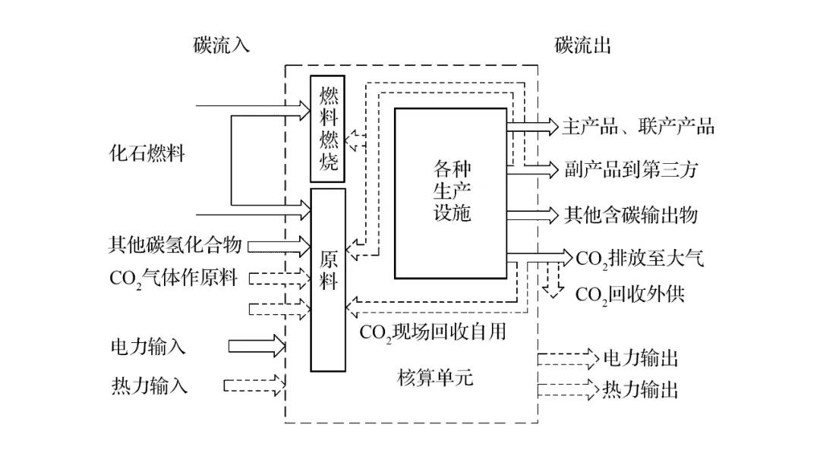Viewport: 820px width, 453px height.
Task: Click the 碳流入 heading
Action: coord(221,46)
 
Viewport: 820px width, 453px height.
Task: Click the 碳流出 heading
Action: coord(582,46)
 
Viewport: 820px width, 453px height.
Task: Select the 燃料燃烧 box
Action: coord(328,129)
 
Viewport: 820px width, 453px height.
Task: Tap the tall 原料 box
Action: coord(328,279)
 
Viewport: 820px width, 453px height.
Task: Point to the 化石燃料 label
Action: coord(147,153)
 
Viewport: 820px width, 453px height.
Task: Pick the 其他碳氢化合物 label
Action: coord(175,245)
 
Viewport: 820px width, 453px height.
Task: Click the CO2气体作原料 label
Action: coord(174,278)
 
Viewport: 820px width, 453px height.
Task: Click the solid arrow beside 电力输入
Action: coord(257,347)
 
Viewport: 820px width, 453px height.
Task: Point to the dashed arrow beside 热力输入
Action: coord(254,385)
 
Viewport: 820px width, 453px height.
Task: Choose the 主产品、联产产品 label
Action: coord(638,127)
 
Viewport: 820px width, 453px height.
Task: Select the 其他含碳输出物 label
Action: coord(630,215)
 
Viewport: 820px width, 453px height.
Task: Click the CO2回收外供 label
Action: coord(629,294)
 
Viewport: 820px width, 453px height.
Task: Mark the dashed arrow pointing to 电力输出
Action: coord(568,357)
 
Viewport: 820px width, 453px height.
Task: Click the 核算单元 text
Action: coord(435,376)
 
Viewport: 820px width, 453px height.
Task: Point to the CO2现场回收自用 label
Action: coord(433,332)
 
